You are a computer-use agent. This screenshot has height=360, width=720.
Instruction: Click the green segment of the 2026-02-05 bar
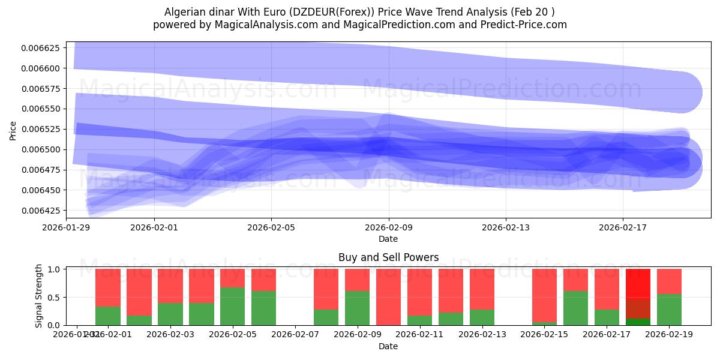pyautogui.click(x=232, y=306)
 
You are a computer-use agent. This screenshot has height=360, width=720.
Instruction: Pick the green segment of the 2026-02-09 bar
pyautogui.click(x=357, y=308)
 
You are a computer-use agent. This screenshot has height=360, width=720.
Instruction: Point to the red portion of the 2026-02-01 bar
pyautogui.click(x=107, y=287)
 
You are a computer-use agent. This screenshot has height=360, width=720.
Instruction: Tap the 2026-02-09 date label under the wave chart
pyautogui.click(x=388, y=228)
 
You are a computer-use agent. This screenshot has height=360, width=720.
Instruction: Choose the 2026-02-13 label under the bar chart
pyautogui.click(x=482, y=335)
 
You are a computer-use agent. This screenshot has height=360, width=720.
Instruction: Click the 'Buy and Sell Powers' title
pyautogui.click(x=388, y=258)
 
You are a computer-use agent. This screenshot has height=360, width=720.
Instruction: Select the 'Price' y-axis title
pyautogui.click(x=13, y=130)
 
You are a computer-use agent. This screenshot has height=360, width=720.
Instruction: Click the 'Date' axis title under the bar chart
pyautogui.click(x=388, y=346)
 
